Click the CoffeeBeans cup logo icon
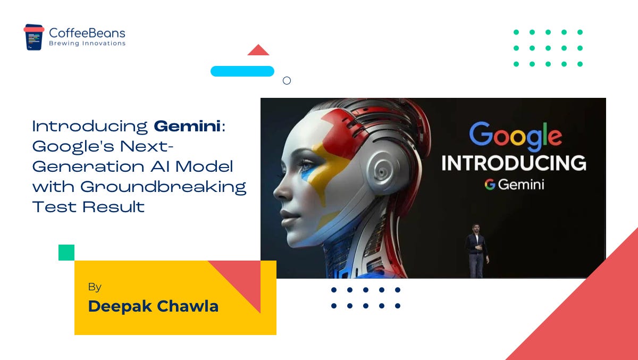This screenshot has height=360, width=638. tap(33, 37)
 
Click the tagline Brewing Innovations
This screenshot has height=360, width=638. tap(87, 44)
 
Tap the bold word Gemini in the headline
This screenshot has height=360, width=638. tap(188, 127)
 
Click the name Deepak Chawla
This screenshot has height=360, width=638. tap(153, 306)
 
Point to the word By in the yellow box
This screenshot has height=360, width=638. tap(95, 287)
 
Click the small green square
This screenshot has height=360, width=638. tap(66, 253)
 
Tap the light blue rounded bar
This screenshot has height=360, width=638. tap(242, 71)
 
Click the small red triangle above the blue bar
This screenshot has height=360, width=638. tap(258, 51)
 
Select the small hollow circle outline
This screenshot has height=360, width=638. tap(287, 81)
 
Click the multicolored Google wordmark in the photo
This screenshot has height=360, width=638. tap(515, 135)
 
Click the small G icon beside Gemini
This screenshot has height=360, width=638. tap(490, 185)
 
